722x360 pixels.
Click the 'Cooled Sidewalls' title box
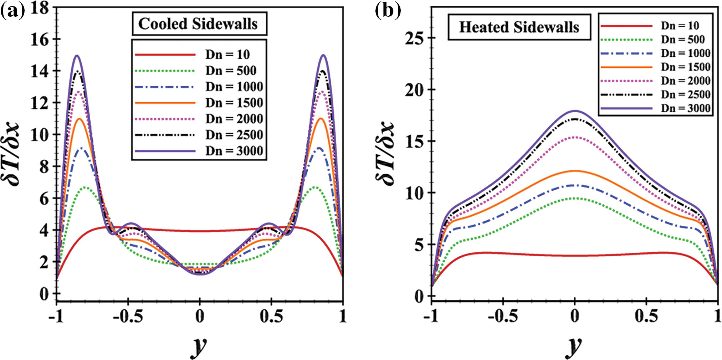[199, 24]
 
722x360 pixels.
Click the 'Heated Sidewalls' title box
[519, 27]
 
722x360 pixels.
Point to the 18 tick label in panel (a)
[40, 8]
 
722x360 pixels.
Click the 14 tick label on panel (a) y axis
[40, 71]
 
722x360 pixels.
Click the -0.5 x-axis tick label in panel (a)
[128, 316]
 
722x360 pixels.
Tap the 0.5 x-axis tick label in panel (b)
[646, 316]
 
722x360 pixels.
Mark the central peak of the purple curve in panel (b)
[575, 111]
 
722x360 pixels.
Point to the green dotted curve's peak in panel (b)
[575, 198]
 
